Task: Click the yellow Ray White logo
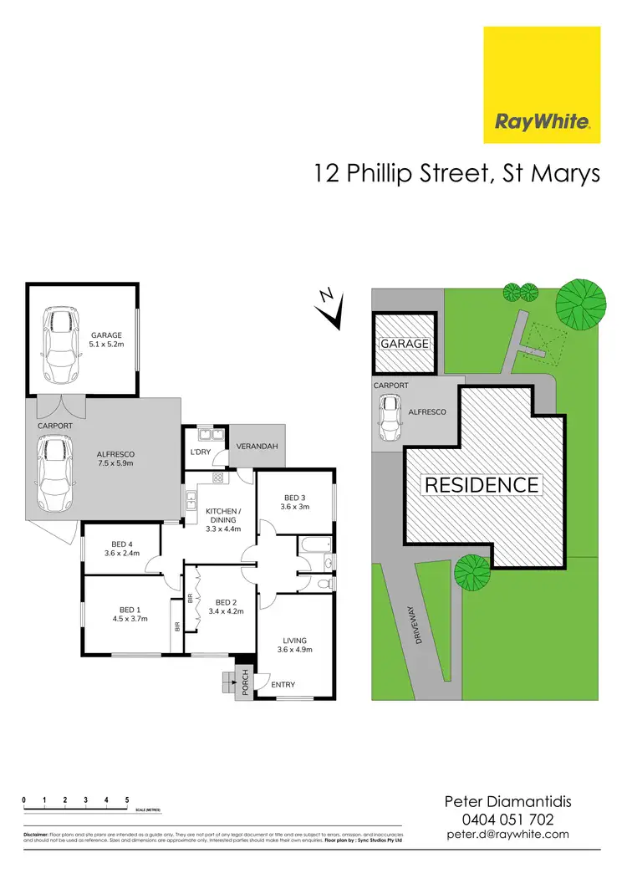point(543,84)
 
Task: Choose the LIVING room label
point(294,641)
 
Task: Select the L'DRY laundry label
point(201,452)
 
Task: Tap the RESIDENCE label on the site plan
point(481,484)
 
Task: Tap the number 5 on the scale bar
point(127,800)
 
